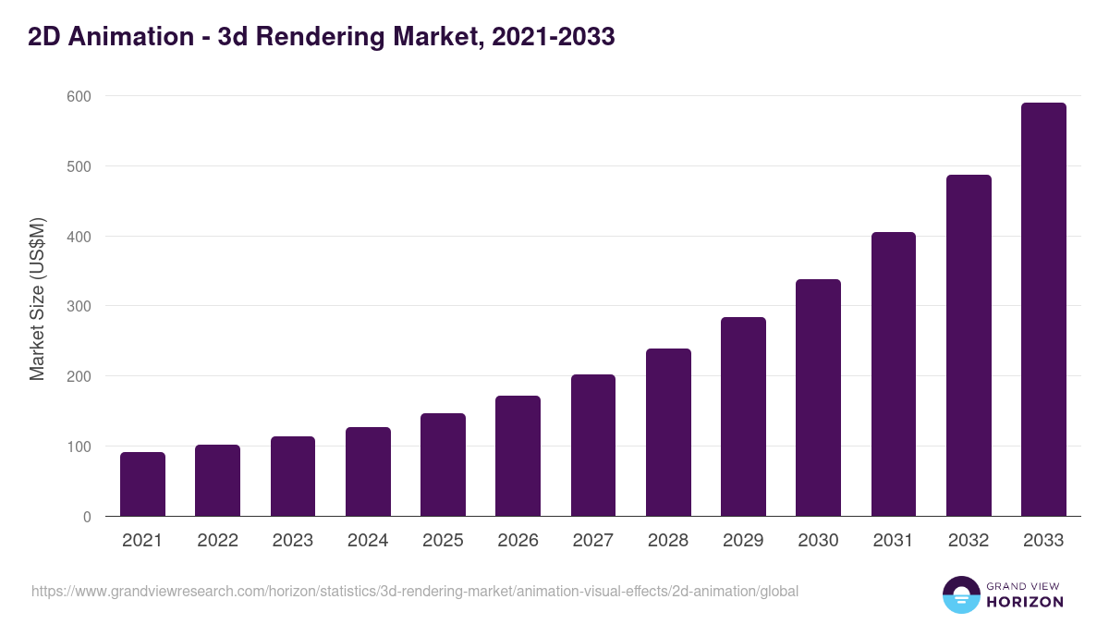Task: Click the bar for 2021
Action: click(142, 484)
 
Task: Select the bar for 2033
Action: click(1043, 310)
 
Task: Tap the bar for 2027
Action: click(593, 446)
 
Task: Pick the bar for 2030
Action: click(818, 398)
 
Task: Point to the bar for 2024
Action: click(368, 471)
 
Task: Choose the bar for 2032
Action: click(969, 346)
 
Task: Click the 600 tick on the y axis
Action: click(79, 96)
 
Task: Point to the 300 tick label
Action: click(79, 306)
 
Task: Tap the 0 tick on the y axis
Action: click(86, 517)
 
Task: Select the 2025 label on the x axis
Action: click(443, 541)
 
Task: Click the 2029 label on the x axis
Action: click(743, 541)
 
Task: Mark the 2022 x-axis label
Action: click(217, 541)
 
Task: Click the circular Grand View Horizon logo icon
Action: click(961, 594)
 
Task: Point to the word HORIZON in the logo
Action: click(1025, 602)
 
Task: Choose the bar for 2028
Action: click(668, 433)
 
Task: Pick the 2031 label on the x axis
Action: click(893, 541)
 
